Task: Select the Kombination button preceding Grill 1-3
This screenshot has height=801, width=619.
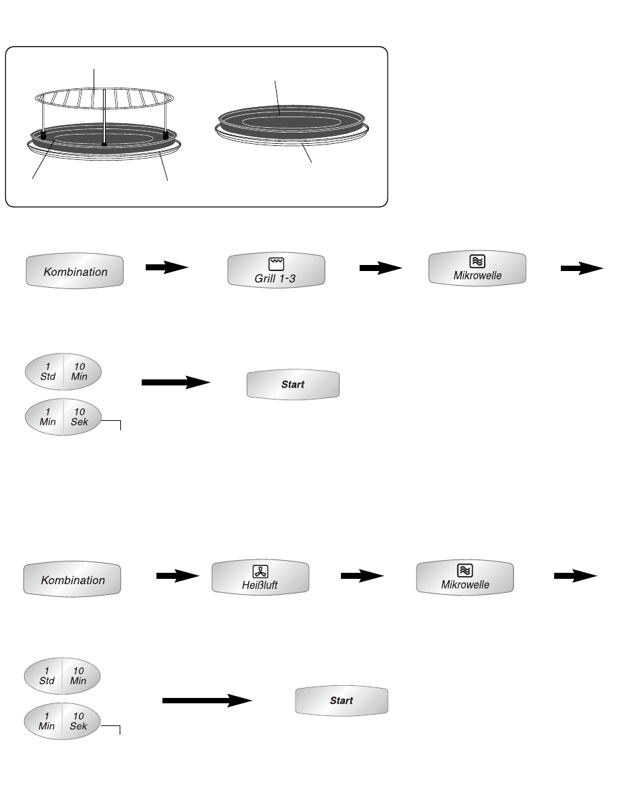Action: (75, 271)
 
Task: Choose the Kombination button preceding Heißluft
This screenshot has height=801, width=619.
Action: (73, 580)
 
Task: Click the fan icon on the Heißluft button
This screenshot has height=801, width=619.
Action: (260, 571)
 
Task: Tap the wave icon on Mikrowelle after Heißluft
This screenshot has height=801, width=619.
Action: (465, 571)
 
